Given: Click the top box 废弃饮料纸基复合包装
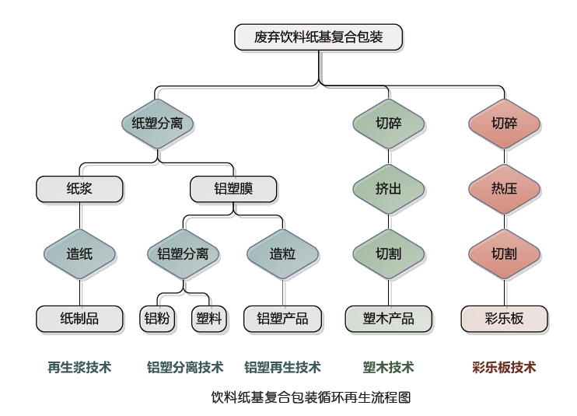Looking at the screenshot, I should click(x=318, y=37).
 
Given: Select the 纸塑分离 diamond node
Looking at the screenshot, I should click(x=158, y=123).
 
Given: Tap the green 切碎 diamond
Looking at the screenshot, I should click(x=388, y=123).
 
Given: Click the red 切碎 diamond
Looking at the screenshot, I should click(x=504, y=123).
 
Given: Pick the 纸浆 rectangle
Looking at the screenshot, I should click(x=79, y=188).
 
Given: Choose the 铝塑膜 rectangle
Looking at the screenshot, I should click(x=233, y=188).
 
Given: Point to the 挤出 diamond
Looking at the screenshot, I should click(x=388, y=188).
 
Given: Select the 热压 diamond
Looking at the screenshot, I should click(x=504, y=188).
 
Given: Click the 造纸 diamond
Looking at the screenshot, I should click(x=79, y=253).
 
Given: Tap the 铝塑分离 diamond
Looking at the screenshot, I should click(x=183, y=253).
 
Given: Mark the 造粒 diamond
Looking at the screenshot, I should click(x=282, y=253).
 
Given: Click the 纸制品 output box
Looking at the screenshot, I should click(x=79, y=319).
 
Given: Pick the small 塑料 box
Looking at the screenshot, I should click(x=208, y=319).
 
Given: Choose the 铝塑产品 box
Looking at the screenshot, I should click(x=282, y=319).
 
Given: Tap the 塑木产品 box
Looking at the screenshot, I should click(x=388, y=319).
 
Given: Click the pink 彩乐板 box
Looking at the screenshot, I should click(x=504, y=319).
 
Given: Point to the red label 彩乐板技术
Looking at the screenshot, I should click(x=504, y=367).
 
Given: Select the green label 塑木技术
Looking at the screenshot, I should click(x=388, y=367).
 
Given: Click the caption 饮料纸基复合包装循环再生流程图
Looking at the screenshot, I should click(x=310, y=397).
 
